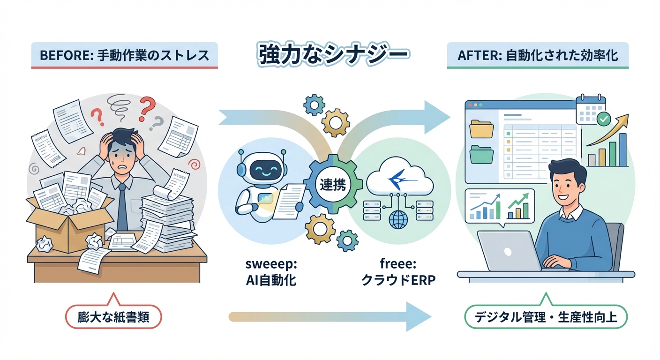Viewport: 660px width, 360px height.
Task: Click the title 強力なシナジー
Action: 333,54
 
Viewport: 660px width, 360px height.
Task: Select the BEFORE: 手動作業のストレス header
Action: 124,55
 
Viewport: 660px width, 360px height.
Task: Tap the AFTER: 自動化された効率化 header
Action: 538,55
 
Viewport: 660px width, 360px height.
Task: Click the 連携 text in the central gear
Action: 332,184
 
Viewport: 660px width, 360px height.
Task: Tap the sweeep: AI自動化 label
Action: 271,273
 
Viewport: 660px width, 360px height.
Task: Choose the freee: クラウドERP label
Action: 398,273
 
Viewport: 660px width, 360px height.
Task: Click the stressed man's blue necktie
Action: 122,206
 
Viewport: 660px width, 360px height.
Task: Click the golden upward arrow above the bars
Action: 607,129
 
